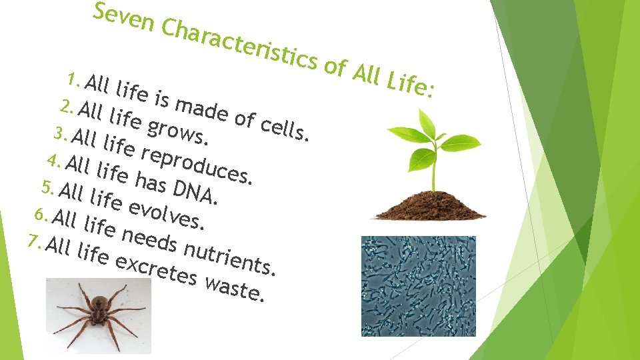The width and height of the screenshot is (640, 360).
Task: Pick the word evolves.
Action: pos(167,210)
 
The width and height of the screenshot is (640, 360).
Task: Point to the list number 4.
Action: pos(55,161)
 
